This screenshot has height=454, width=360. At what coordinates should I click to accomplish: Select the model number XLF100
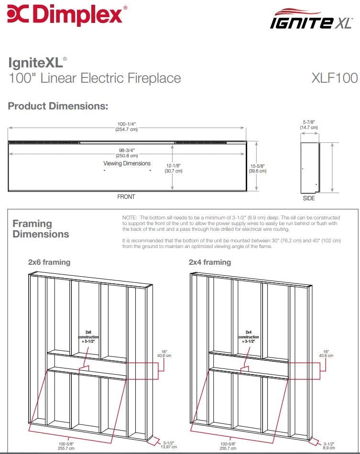coord(334,78)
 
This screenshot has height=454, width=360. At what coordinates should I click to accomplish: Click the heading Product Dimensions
coord(58,106)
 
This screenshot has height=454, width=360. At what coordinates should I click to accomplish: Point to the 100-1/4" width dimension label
coord(127,126)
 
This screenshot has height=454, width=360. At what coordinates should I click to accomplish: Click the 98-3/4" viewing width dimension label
coord(127,152)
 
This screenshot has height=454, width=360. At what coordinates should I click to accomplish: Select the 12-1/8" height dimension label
coord(173,168)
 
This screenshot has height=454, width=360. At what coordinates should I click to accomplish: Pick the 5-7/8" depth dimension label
coord(308,125)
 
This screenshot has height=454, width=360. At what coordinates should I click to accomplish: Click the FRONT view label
coord(126,197)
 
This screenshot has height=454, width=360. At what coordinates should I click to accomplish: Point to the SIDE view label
coord(309,198)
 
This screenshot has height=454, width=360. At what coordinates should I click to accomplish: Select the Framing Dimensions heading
coord(41,229)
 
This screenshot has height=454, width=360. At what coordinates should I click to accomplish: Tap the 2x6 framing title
coord(49,262)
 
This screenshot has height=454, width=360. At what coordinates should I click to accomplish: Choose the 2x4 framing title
coord(210,262)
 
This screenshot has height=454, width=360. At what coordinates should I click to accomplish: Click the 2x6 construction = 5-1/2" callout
coord(88,337)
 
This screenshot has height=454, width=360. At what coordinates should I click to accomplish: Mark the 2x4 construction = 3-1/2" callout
coord(249,337)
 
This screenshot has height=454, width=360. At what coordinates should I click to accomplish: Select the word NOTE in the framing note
coord(130,217)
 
